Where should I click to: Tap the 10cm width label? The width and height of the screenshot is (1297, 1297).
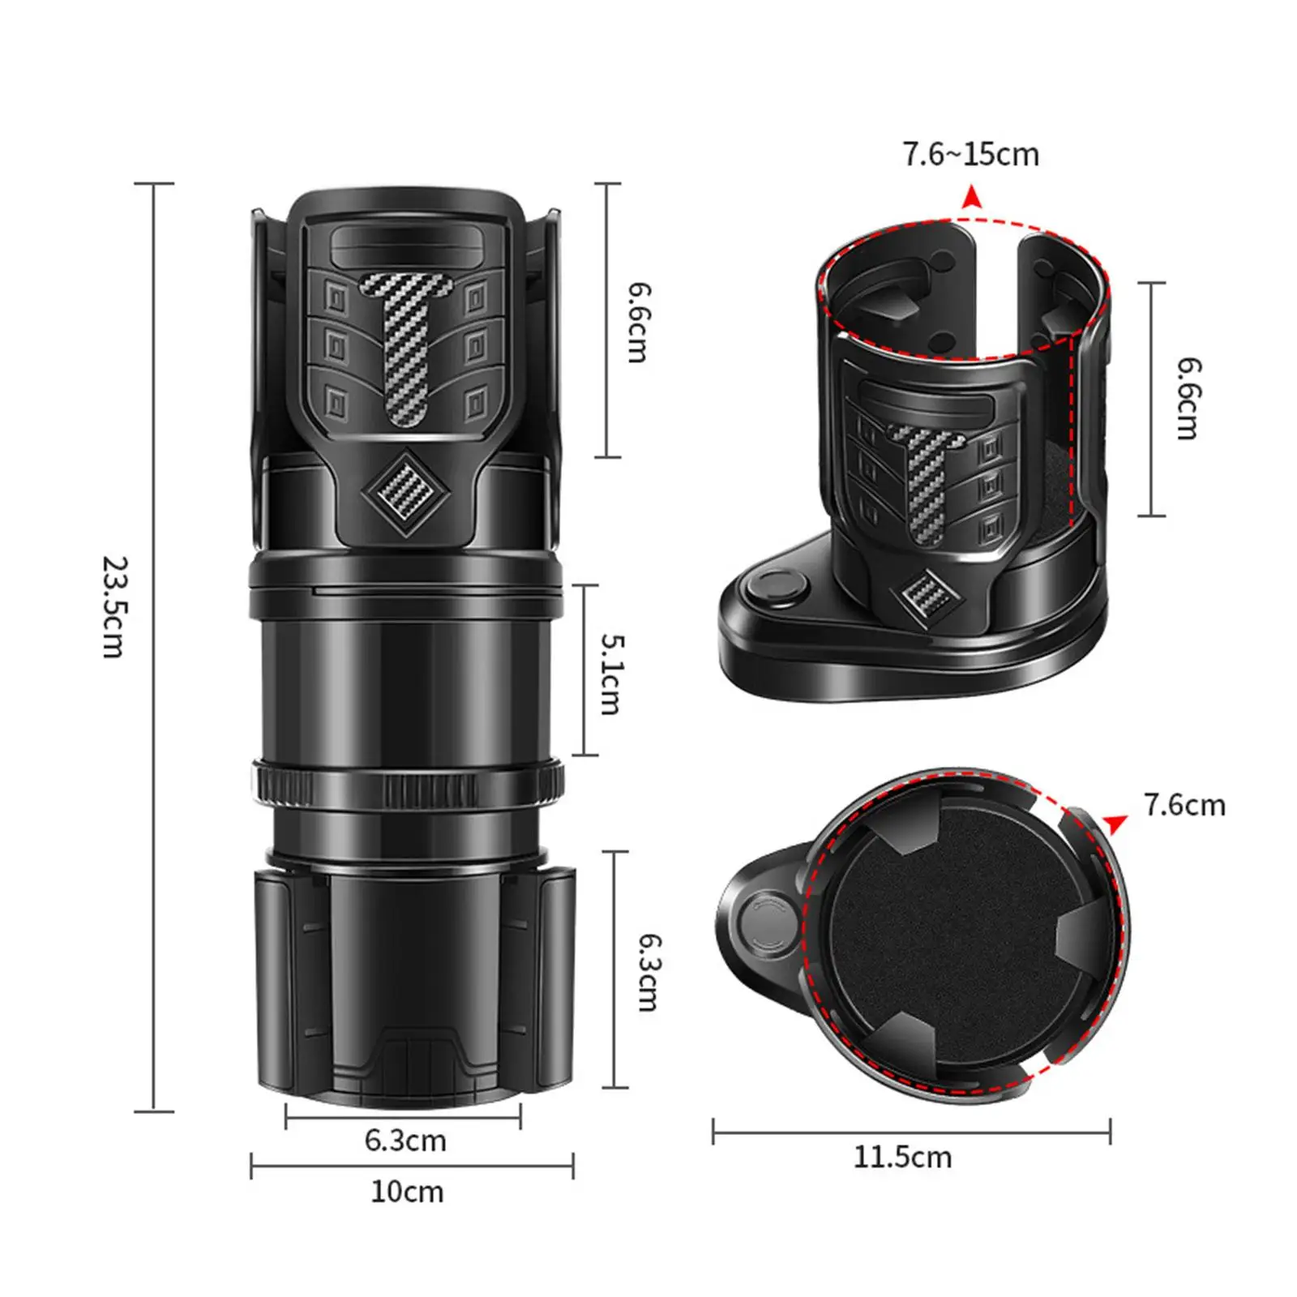(407, 1192)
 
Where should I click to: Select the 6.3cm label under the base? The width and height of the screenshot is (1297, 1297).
(405, 1141)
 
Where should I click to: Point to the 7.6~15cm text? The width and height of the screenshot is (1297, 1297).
(970, 154)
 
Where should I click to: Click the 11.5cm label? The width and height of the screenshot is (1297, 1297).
(901, 1157)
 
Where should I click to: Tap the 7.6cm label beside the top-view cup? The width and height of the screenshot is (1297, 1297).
(1184, 805)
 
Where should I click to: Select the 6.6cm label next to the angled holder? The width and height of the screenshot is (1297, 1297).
(1188, 399)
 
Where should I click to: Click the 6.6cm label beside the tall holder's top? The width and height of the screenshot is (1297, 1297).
(640, 322)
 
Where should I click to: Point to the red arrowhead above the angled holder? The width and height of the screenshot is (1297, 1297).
(970, 197)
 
